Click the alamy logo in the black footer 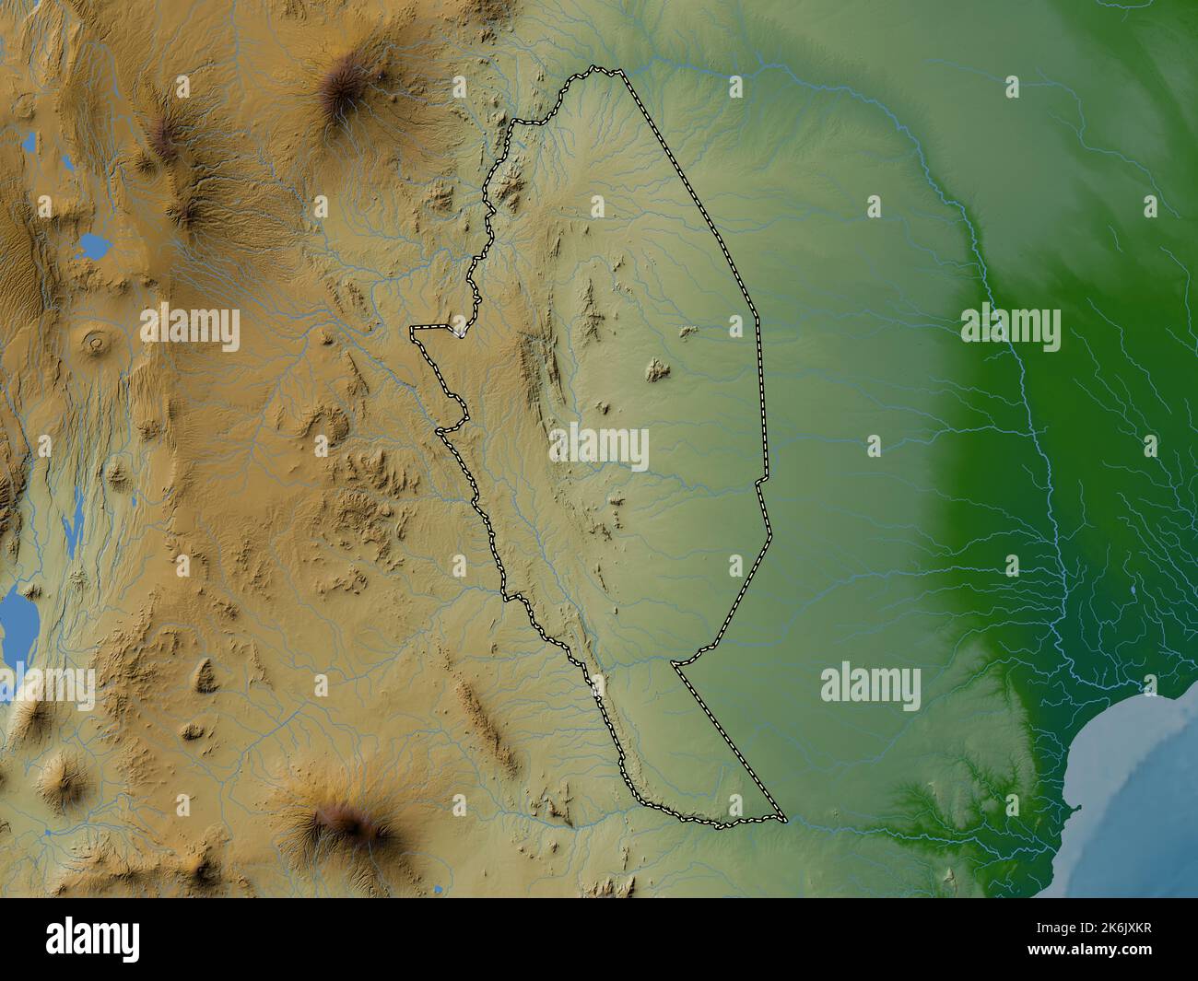pos(93,939)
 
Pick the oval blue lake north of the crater pos(94,245)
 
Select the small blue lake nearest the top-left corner pos(30,144)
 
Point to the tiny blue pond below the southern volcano pos(435,890)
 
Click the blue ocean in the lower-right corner pos(1133,783)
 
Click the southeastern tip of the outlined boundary pos(784,819)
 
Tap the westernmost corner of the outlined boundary pos(413,328)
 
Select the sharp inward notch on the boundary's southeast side pos(675,662)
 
